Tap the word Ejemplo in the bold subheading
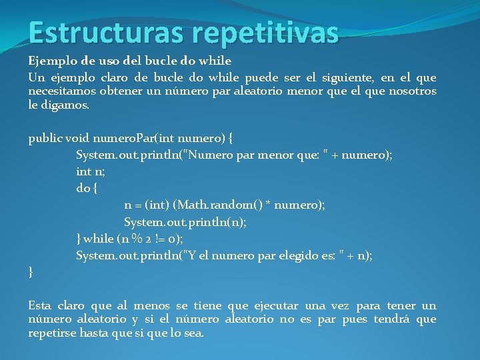pos(51,61)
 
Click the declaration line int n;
pos(90,171)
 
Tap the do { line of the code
pos(87,188)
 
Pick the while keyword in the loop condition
pos(99,238)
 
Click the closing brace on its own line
pos(31,271)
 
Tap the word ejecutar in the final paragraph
pos(275,305)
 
